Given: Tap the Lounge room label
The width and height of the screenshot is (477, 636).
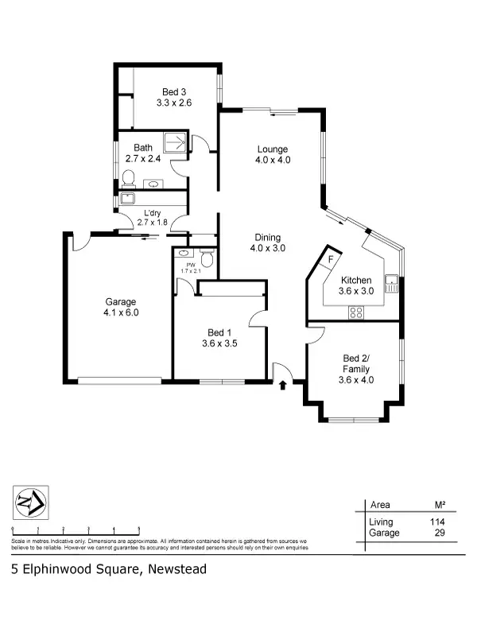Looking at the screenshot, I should coord(272,149).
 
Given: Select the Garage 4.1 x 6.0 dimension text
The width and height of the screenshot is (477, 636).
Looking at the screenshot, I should coord(121,312).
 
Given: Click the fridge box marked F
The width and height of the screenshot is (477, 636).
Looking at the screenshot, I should coord(329,260).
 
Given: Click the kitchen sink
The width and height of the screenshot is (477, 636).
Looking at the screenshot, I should coord(390,281).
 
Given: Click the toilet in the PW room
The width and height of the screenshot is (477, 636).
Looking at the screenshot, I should coord(207,258).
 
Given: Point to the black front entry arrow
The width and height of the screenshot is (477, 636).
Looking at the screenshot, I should coord(283,387).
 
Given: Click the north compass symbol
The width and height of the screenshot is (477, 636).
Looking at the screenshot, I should coord(30,503).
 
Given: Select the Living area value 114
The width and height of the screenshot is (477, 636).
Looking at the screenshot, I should coord(436,522).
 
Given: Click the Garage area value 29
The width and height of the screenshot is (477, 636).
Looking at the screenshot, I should coord(438,533).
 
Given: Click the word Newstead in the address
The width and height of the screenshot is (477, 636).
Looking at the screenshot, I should coord(176,568).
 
